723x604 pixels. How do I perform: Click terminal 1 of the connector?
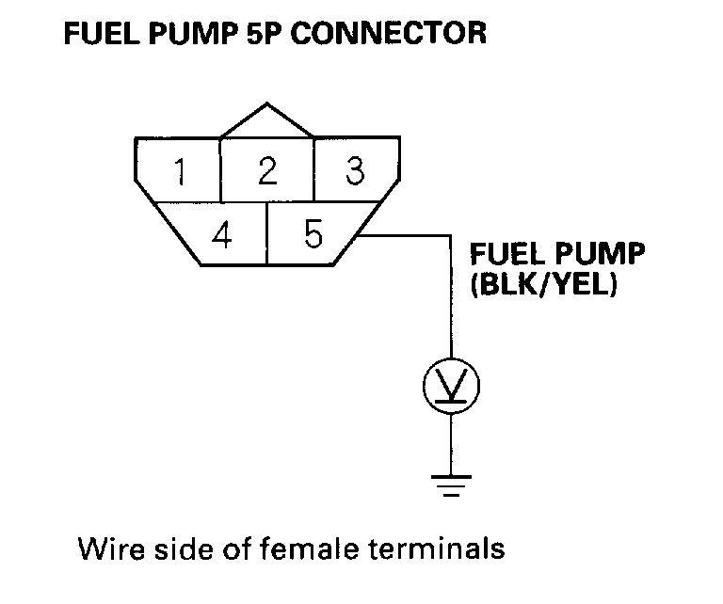coord(179,171)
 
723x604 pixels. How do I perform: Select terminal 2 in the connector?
coord(267,171)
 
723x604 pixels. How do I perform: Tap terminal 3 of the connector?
coord(354,171)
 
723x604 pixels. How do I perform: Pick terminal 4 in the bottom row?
coord(222,234)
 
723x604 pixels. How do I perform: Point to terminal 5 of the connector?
coord(313,234)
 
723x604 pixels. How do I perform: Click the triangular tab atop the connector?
coord(267,122)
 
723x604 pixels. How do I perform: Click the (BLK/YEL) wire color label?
coord(543,284)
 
